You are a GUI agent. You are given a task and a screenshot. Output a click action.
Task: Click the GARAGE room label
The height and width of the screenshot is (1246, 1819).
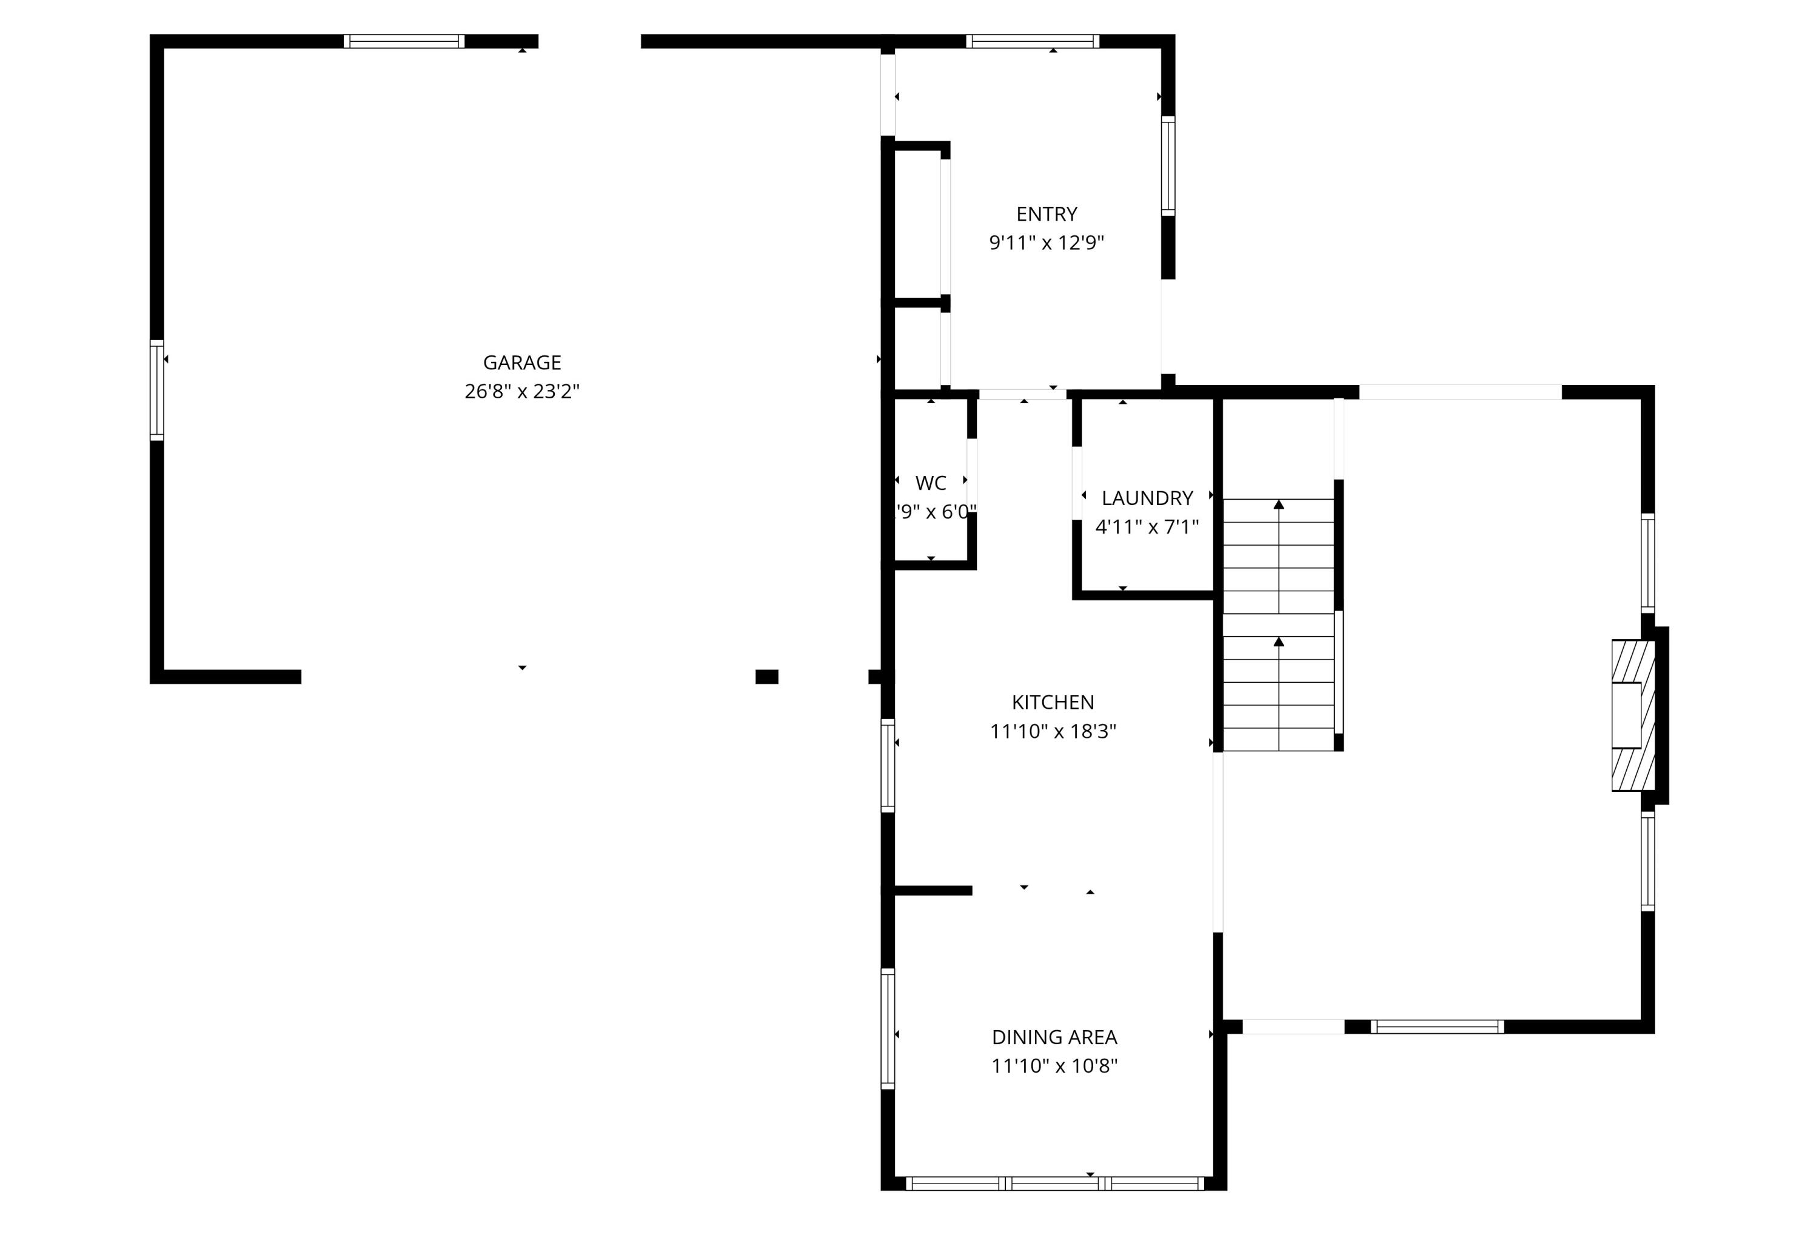522,363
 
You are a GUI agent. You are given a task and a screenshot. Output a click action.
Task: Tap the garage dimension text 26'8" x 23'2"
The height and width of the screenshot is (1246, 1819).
522,391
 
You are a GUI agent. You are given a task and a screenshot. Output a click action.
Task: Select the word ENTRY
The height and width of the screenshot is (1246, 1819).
1047,213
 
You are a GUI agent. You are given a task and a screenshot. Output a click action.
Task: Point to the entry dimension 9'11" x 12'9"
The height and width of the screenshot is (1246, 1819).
1047,243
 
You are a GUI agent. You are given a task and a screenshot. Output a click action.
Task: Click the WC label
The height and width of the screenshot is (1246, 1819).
931,483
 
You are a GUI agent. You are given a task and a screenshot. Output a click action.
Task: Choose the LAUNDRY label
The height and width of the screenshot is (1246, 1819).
1147,498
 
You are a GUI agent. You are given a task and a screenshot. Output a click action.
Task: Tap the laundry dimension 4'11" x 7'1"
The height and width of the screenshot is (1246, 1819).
1147,527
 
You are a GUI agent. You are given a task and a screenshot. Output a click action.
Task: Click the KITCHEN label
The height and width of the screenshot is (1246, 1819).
1053,702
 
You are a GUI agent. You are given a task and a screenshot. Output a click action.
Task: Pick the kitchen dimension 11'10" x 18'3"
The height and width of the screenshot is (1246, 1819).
1053,731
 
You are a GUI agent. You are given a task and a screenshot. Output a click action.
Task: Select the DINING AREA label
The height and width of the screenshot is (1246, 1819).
1054,1037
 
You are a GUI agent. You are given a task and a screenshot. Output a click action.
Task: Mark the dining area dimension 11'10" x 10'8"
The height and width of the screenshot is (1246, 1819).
1054,1066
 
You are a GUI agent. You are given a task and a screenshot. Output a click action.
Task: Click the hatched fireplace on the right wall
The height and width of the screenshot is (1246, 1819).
1633,715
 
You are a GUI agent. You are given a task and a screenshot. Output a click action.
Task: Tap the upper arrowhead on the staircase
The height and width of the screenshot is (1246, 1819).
1279,505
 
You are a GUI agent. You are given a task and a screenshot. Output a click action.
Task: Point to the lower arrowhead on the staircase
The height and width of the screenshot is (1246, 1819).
1279,641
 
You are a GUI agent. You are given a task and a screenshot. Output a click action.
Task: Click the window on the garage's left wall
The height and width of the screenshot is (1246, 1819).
156,390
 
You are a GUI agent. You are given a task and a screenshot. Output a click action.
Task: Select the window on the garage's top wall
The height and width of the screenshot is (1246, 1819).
404,41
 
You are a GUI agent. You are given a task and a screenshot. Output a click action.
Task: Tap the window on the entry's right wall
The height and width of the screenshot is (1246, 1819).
1168,166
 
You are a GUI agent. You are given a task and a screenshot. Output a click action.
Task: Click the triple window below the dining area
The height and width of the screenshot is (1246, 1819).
1054,1184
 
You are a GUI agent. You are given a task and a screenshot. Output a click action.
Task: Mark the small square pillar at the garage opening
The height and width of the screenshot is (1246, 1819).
766,677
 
